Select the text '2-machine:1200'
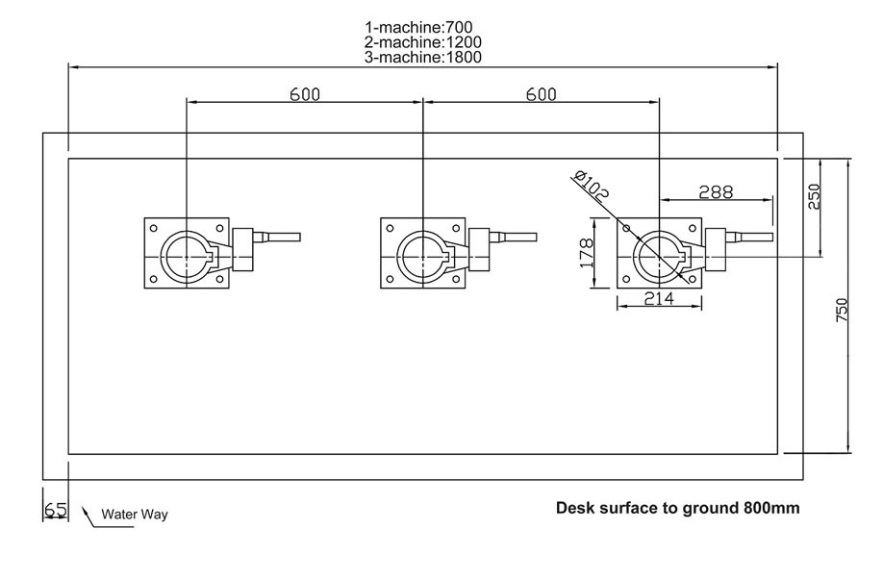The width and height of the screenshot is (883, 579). coord(423,41)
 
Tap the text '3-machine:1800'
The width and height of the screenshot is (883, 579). coord(423,57)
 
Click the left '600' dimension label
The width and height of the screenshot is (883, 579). coord(304,93)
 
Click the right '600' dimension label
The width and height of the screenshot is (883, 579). coord(541,93)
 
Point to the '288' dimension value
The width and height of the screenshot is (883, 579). coord(716,191)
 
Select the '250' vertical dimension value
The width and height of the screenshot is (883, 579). coord(814,196)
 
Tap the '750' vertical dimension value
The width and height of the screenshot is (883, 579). coord(841,310)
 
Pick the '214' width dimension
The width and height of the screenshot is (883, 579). coord(659,299)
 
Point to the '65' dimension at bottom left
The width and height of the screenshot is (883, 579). coord(56,510)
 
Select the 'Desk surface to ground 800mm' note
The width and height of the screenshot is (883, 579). coord(677,507)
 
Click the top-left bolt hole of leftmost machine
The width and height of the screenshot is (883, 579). coord(153,228)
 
